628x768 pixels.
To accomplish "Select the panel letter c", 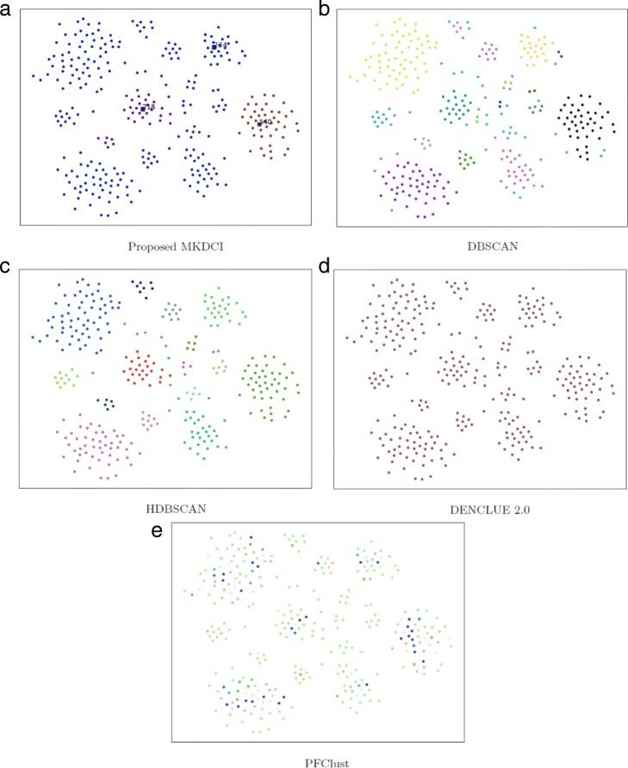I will pos(8,268).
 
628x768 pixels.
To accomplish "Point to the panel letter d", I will pos(325,268).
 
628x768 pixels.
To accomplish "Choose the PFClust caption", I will pos(317,762).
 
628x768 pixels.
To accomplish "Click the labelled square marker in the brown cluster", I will pos(259,123).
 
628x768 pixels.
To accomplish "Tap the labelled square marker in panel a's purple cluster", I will pos(142,108).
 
